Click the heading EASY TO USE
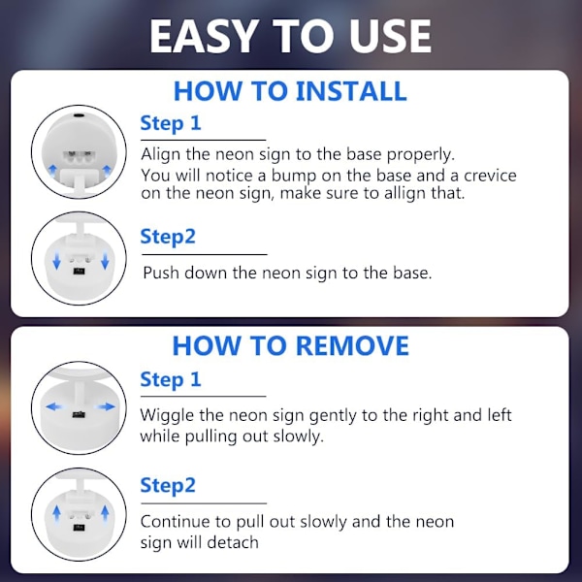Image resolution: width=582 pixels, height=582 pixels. pos(290,37)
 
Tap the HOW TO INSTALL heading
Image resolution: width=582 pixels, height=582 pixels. pos(290,91)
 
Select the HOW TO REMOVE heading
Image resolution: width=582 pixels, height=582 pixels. pos(291,345)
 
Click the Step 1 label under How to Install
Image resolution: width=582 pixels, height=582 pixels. pos(171,123)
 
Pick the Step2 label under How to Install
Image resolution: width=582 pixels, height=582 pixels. pos(168,237)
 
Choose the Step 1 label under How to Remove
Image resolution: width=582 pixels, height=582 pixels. pos(171,379)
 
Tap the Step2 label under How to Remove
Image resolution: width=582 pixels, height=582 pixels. pos(168,486)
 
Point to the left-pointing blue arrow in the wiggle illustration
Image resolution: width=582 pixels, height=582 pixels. pos(54,407)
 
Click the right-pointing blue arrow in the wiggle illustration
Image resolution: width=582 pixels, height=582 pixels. pos(106,407)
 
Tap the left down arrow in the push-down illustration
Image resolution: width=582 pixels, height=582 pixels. pos(56,261)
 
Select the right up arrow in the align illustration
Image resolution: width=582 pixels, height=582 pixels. pos(107,171)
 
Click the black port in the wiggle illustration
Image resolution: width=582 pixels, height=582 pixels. pos(80,414)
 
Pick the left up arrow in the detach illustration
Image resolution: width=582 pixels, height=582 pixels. pos(56,513)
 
